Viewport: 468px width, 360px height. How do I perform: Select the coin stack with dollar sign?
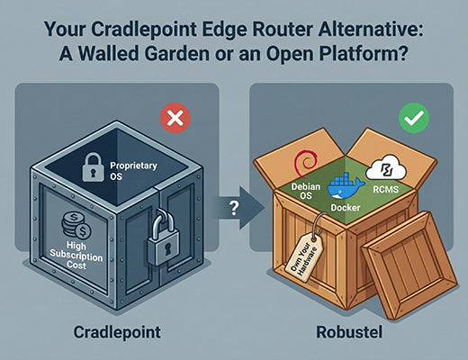pyautogui.click(x=74, y=221)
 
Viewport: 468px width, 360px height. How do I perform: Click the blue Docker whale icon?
pyautogui.click(x=345, y=188)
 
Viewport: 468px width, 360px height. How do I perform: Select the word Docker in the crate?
pyautogui.click(x=344, y=207)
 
